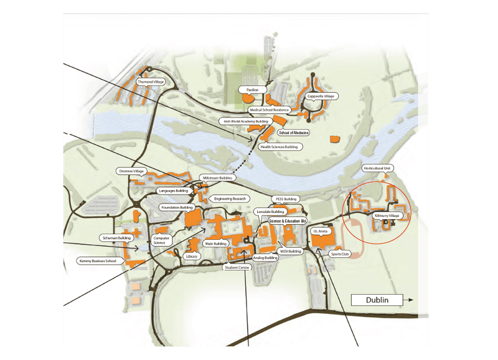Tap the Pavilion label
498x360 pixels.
(x=252, y=90)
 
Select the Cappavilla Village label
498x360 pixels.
(x=321, y=97)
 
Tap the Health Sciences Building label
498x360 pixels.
(x=278, y=147)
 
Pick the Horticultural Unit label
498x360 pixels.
(x=378, y=168)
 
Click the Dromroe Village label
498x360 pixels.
(x=131, y=170)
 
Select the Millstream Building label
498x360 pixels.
(x=217, y=178)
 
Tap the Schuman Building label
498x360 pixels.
(x=116, y=238)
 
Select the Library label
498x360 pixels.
(x=192, y=256)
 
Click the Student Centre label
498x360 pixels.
(x=237, y=267)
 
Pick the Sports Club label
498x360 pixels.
(x=341, y=253)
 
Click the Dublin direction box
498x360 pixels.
(x=377, y=300)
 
